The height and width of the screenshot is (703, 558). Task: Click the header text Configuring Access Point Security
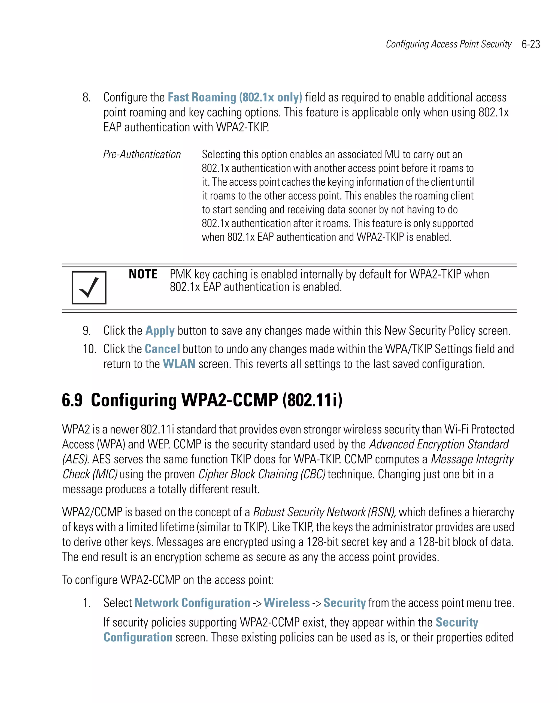pos(448,44)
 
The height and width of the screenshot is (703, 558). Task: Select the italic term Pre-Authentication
pos(142,154)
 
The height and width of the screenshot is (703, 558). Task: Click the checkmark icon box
pos(89,287)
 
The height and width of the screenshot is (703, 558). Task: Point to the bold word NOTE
pos(143,274)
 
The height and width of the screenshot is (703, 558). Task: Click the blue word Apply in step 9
pos(160,331)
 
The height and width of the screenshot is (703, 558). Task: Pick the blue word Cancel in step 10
pos(162,349)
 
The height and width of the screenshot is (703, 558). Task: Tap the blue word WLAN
pos(179,364)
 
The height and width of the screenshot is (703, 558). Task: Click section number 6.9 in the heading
pos(72,400)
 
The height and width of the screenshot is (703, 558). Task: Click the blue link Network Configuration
pos(192,603)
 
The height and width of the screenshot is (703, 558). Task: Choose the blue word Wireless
pos(287,603)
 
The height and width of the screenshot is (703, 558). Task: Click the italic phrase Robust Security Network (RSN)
pos(324,512)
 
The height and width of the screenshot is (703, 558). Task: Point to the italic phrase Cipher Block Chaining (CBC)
pos(262,474)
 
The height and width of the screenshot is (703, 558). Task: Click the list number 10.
pos(89,349)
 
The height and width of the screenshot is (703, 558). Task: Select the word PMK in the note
pos(180,274)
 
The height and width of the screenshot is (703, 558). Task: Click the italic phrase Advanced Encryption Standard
pos(439,444)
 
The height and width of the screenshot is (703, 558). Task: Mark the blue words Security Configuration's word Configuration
pos(138,638)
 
